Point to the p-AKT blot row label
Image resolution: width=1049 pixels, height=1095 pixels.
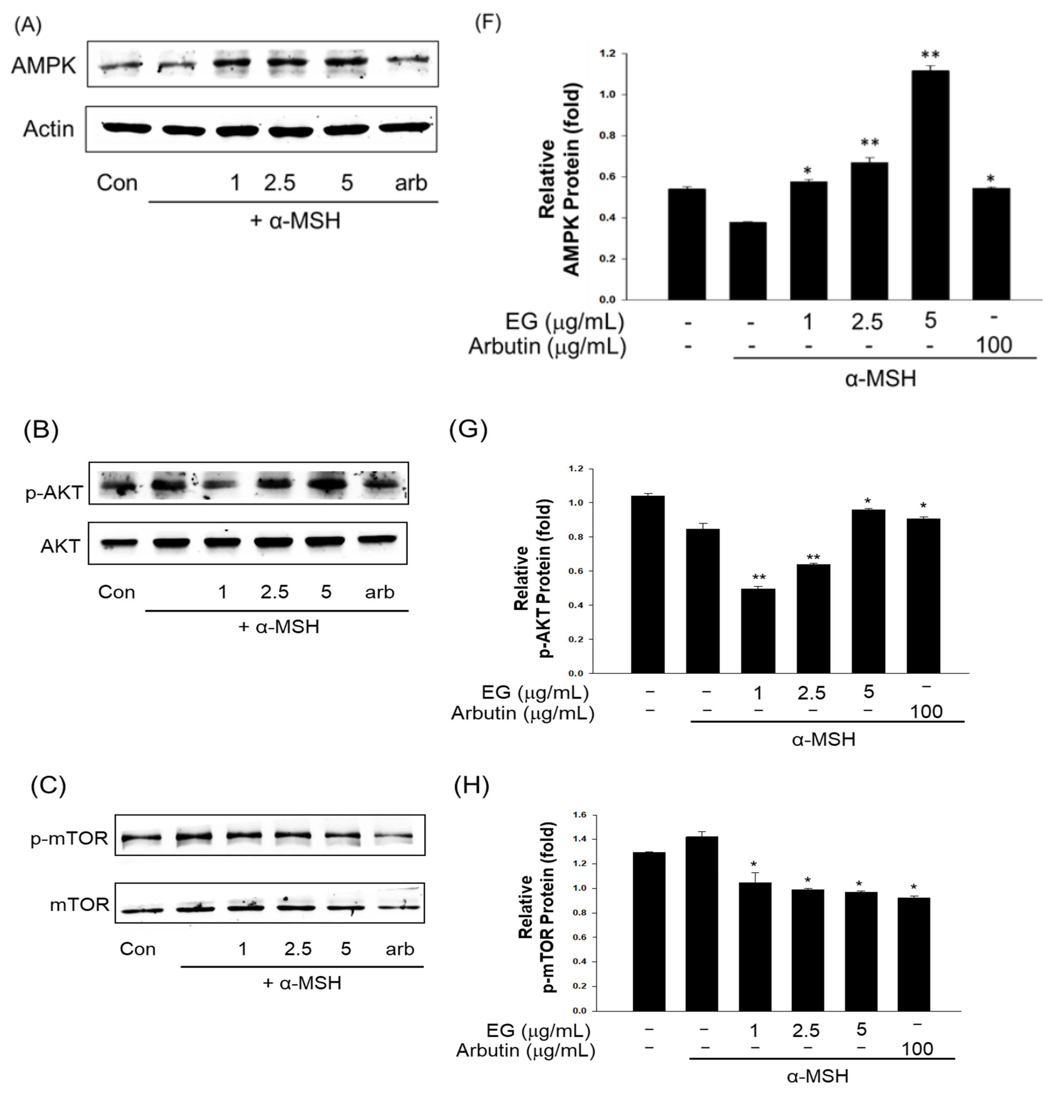(x=54, y=492)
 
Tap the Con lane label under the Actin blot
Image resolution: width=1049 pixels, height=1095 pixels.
(x=117, y=183)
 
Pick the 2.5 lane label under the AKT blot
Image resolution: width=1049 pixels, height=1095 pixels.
(x=274, y=592)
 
